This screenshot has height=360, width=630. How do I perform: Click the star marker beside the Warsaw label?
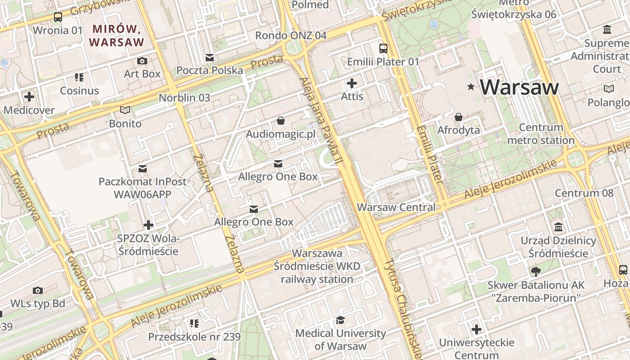click(x=471, y=86)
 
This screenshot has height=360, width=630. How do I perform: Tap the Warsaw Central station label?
click(x=396, y=207)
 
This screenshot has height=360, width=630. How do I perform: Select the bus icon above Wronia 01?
click(x=58, y=17)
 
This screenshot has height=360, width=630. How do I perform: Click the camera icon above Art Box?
click(x=142, y=61)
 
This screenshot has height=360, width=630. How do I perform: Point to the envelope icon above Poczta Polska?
click(x=210, y=57)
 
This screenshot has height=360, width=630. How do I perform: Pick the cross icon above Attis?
click(x=352, y=83)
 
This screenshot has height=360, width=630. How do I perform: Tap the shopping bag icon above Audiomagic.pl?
click(x=281, y=121)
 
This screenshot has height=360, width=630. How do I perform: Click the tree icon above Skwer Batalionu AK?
click(x=535, y=271)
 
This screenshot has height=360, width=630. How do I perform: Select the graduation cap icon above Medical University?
click(x=340, y=320)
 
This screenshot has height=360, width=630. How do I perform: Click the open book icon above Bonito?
click(x=125, y=110)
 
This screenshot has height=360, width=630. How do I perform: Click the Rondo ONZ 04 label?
click(x=291, y=35)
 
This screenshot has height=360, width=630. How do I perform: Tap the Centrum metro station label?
click(x=541, y=134)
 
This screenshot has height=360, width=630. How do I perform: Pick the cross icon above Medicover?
click(x=29, y=97)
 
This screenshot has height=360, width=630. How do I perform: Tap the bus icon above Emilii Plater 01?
click(x=383, y=49)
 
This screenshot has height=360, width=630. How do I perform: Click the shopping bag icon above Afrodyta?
click(x=459, y=117)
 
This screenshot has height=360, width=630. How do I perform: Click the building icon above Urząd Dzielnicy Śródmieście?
click(x=558, y=227)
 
